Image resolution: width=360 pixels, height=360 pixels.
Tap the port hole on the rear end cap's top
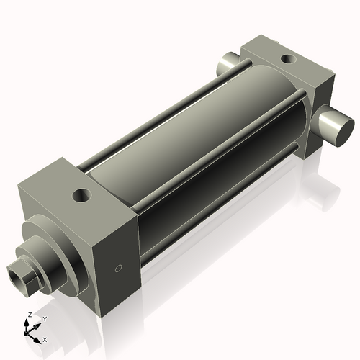(287, 59)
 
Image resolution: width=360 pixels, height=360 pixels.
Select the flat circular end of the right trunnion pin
(338, 130)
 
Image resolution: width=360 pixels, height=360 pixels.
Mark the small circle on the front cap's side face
(120, 269)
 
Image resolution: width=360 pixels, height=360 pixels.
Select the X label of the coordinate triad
(45, 338)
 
